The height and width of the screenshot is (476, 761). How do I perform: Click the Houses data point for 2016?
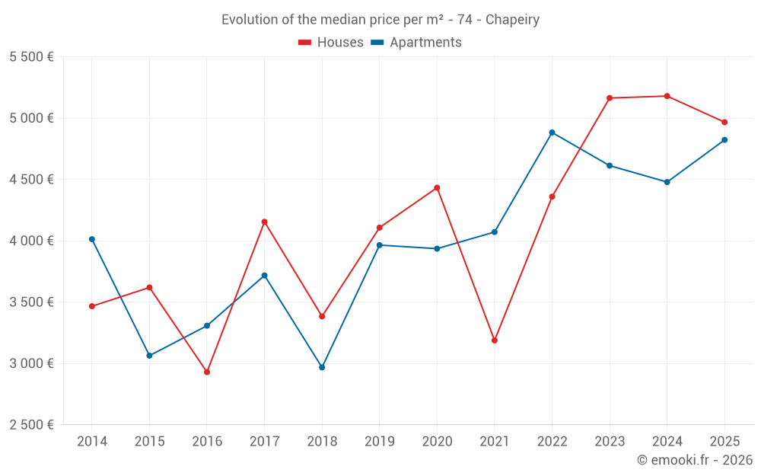(x=207, y=372)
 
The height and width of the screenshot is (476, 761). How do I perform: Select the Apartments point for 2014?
(x=92, y=239)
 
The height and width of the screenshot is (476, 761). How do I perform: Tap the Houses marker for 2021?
(x=495, y=340)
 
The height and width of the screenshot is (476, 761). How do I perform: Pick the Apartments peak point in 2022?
(x=552, y=133)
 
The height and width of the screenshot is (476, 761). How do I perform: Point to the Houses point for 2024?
(x=667, y=96)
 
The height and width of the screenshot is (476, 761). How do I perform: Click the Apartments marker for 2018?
(x=322, y=367)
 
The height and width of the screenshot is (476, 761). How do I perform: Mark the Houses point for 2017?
(x=264, y=222)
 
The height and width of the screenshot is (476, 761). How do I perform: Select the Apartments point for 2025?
(x=724, y=140)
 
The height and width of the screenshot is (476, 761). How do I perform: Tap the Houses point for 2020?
(x=437, y=187)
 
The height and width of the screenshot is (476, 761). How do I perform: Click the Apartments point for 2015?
(x=149, y=356)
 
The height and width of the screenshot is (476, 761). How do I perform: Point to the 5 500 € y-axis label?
(x=31, y=57)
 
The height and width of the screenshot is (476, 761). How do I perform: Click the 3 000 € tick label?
(x=31, y=363)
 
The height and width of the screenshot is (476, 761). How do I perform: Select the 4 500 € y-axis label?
(x=31, y=180)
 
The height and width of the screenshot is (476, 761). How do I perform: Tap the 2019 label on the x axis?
(x=379, y=442)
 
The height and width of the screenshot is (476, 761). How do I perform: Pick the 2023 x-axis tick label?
(x=610, y=442)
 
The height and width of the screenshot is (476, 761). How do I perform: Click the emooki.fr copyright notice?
(x=694, y=460)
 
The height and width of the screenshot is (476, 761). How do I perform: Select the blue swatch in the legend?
(x=377, y=43)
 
